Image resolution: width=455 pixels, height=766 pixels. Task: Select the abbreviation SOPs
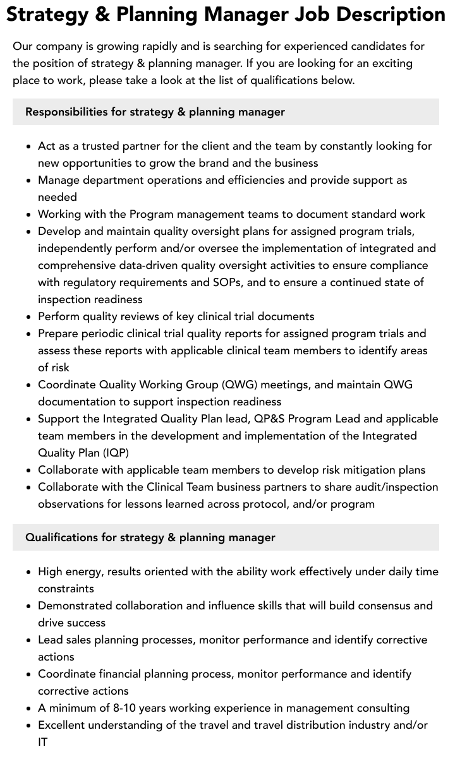click(x=227, y=282)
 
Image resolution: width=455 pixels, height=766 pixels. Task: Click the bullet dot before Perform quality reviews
click(x=28, y=317)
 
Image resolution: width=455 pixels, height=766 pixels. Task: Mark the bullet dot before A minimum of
click(x=28, y=709)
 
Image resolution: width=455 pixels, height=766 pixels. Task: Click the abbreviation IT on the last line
click(x=43, y=742)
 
